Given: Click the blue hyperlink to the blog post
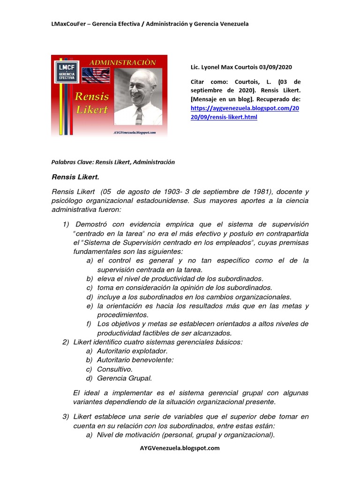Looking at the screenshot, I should pyautogui.click(x=245, y=112).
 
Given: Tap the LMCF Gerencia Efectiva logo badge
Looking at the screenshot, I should pyautogui.click(x=67, y=70).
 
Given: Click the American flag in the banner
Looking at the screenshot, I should pyautogui.click(x=95, y=75).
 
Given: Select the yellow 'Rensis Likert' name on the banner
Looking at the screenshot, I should pyautogui.click(x=92, y=103).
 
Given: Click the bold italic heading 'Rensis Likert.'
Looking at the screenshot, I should pyautogui.click(x=75, y=178).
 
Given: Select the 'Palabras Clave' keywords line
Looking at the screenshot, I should pyautogui.click(x=112, y=162).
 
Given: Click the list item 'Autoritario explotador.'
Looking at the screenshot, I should pyautogui.click(x=132, y=351).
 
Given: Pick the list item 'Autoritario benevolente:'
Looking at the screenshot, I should pyautogui.click(x=135, y=360).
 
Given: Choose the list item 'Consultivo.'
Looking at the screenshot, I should pyautogui.click(x=115, y=369).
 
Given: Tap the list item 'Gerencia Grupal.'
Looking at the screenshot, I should pyautogui.click(x=124, y=378).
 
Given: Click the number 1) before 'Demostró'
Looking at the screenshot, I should pyautogui.click(x=66, y=225).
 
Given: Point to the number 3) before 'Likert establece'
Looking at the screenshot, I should pyautogui.click(x=66, y=417).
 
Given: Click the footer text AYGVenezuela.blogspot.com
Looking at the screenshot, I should pyautogui.click(x=180, y=448).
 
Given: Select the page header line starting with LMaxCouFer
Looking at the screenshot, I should pyautogui.click(x=150, y=24).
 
